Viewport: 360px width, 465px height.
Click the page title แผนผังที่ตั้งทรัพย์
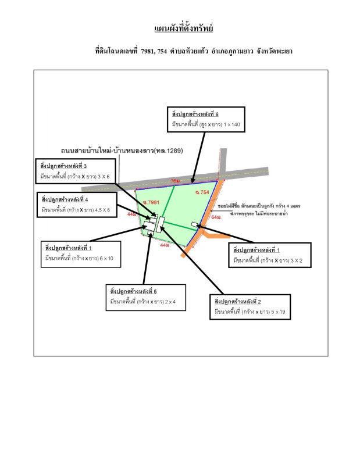(x=180, y=28)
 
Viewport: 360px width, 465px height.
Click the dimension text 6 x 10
(x=105, y=257)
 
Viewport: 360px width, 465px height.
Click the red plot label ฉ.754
(x=201, y=192)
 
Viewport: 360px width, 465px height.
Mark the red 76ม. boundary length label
(x=176, y=181)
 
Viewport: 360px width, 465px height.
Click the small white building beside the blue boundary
(x=194, y=225)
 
